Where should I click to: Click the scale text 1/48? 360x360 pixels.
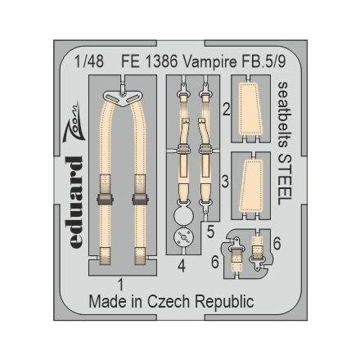(x=85, y=60)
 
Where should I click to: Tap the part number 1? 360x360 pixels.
(x=121, y=285)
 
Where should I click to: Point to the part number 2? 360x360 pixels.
(x=225, y=108)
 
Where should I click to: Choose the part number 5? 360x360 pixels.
(x=210, y=232)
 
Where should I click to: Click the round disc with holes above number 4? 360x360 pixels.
(x=184, y=239)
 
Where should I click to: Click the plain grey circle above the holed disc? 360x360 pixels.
(x=184, y=214)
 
